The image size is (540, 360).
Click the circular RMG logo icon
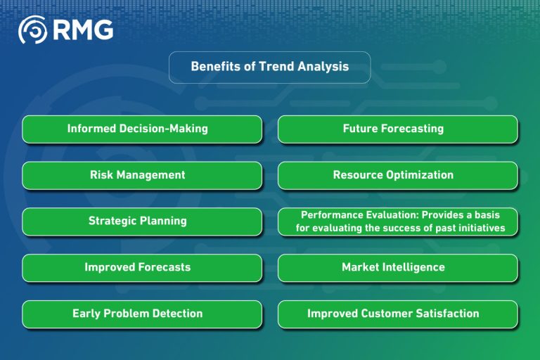32,30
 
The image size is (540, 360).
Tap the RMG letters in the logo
82,30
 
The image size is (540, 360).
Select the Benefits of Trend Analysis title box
269,67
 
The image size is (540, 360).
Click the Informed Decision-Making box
142,129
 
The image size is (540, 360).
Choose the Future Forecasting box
398,129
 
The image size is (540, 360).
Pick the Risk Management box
142,175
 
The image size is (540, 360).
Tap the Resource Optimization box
398,175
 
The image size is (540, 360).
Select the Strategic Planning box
142,221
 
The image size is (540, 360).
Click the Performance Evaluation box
398,221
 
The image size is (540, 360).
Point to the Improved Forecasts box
142,267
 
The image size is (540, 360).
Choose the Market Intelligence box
398,267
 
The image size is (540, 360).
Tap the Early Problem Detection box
142,314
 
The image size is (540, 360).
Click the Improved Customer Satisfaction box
398,314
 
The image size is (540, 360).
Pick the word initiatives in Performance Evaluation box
480,228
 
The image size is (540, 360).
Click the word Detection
176,314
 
